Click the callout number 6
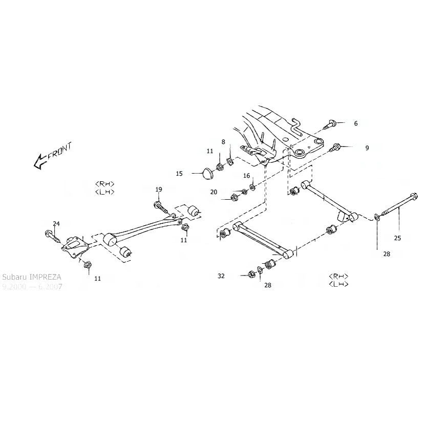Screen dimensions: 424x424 [x=356, y=123]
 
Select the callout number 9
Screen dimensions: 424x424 [x=367, y=148]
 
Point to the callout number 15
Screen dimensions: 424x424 [x=180, y=174]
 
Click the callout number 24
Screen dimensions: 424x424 [x=56, y=224]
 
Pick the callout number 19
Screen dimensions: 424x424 [x=159, y=189]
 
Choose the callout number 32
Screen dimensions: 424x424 [x=221, y=275]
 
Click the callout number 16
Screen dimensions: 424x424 [x=247, y=176]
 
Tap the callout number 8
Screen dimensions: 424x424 [x=223, y=141]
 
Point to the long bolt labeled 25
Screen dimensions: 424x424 [x=397, y=208]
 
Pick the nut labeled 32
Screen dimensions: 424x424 [x=251, y=273]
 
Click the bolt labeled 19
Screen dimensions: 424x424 [x=160, y=206]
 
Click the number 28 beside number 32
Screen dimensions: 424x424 [x=268, y=285]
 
